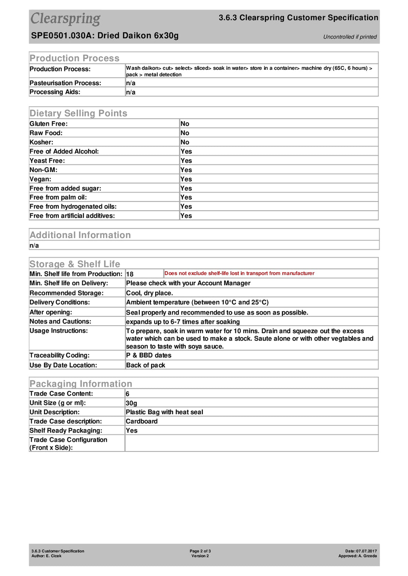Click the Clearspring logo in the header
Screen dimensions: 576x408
pos(65,19)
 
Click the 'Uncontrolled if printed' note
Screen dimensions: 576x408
pos(350,37)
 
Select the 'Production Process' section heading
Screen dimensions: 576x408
pos(74,58)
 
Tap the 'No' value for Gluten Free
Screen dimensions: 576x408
pos(185,124)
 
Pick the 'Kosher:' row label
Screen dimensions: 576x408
pos(41,142)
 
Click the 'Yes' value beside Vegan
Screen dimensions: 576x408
pos(186,179)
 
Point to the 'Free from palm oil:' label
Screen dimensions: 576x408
pos(58,197)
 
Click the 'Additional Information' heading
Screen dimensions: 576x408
pos(80,235)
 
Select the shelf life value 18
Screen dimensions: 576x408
pos(130,274)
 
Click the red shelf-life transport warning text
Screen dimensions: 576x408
pos(239,273)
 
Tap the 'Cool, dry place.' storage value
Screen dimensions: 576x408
pos(149,293)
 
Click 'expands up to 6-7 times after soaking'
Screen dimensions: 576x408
pos(183,322)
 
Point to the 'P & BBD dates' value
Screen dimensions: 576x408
pos(148,355)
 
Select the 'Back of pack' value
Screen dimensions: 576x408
pos(145,365)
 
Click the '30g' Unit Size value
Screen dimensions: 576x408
pos(131,403)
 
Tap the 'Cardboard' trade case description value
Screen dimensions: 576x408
pos(142,421)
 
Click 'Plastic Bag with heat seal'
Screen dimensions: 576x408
pos(164,412)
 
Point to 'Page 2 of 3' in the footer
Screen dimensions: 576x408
pos(200,551)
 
